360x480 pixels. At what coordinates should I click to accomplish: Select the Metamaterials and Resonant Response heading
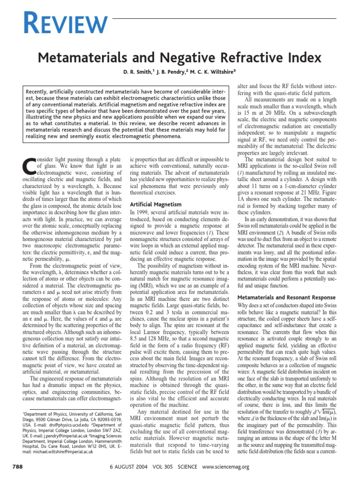coord(286,297)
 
